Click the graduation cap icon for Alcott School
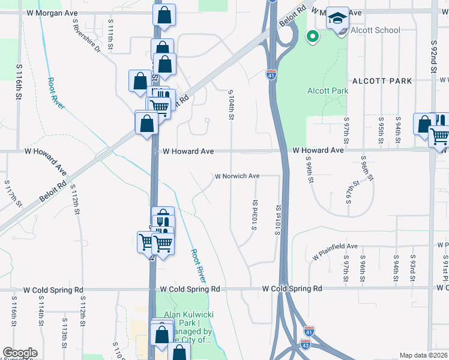[338, 17]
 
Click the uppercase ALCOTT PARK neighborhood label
[382, 80]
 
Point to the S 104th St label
[231, 103]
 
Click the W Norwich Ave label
[237, 176]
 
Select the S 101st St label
[279, 220]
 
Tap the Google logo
[20, 353]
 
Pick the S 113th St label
[64, 333]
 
